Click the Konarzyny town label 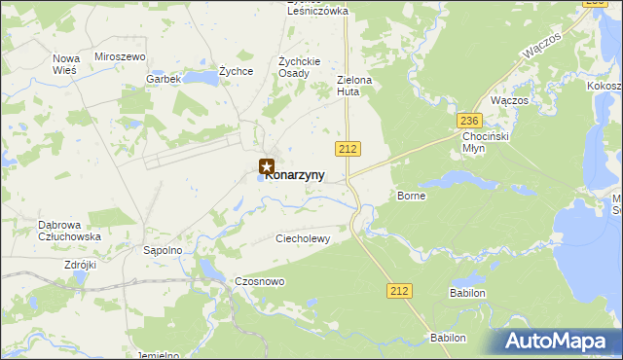[295, 176]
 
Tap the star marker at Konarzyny [267, 167]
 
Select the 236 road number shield [470, 120]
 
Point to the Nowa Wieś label [66, 64]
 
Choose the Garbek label [164, 79]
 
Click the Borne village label [411, 196]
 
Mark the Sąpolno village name [163, 250]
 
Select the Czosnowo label [259, 281]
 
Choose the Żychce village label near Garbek [236, 71]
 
